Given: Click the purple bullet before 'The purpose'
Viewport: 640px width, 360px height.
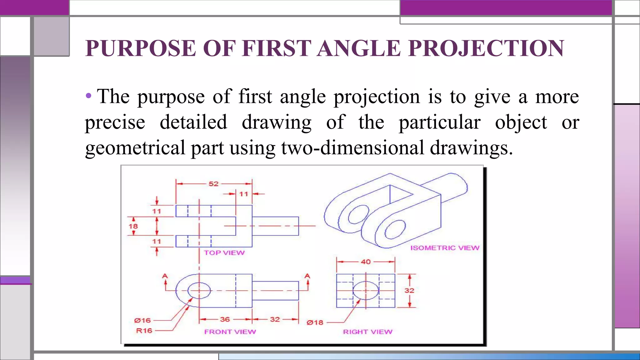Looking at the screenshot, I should pyautogui.click(x=89, y=96).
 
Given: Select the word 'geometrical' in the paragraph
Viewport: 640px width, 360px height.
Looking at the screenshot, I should pyautogui.click(x=135, y=147).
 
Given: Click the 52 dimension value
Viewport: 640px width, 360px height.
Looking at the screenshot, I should pyautogui.click(x=213, y=184).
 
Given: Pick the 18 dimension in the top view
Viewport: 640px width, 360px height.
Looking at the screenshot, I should pyautogui.click(x=133, y=226).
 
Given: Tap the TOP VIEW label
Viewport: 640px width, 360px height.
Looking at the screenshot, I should pyautogui.click(x=224, y=253).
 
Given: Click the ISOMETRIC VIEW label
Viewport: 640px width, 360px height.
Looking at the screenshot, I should pyautogui.click(x=445, y=248).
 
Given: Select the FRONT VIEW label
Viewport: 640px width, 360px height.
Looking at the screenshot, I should pyautogui.click(x=230, y=332).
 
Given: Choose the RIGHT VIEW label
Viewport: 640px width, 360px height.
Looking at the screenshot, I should pyautogui.click(x=367, y=332).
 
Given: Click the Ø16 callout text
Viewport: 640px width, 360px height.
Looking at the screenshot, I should pyautogui.click(x=142, y=320).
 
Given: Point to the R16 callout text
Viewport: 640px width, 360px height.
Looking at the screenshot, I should pyautogui.click(x=144, y=331).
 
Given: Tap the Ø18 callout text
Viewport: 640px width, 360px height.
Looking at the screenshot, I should pyautogui.click(x=315, y=322).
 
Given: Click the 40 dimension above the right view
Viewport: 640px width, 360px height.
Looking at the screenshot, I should pyautogui.click(x=366, y=262).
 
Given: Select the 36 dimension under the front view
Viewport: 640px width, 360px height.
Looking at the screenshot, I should pyautogui.click(x=225, y=319).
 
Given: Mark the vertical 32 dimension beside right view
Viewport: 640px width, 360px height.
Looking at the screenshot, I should pyautogui.click(x=409, y=291).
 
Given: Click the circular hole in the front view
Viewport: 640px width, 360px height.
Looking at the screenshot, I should pyautogui.click(x=199, y=291).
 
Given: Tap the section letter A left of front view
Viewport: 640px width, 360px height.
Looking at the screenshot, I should pyautogui.click(x=165, y=276).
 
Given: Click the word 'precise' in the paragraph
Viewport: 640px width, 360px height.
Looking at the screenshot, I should pyautogui.click(x=115, y=122).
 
